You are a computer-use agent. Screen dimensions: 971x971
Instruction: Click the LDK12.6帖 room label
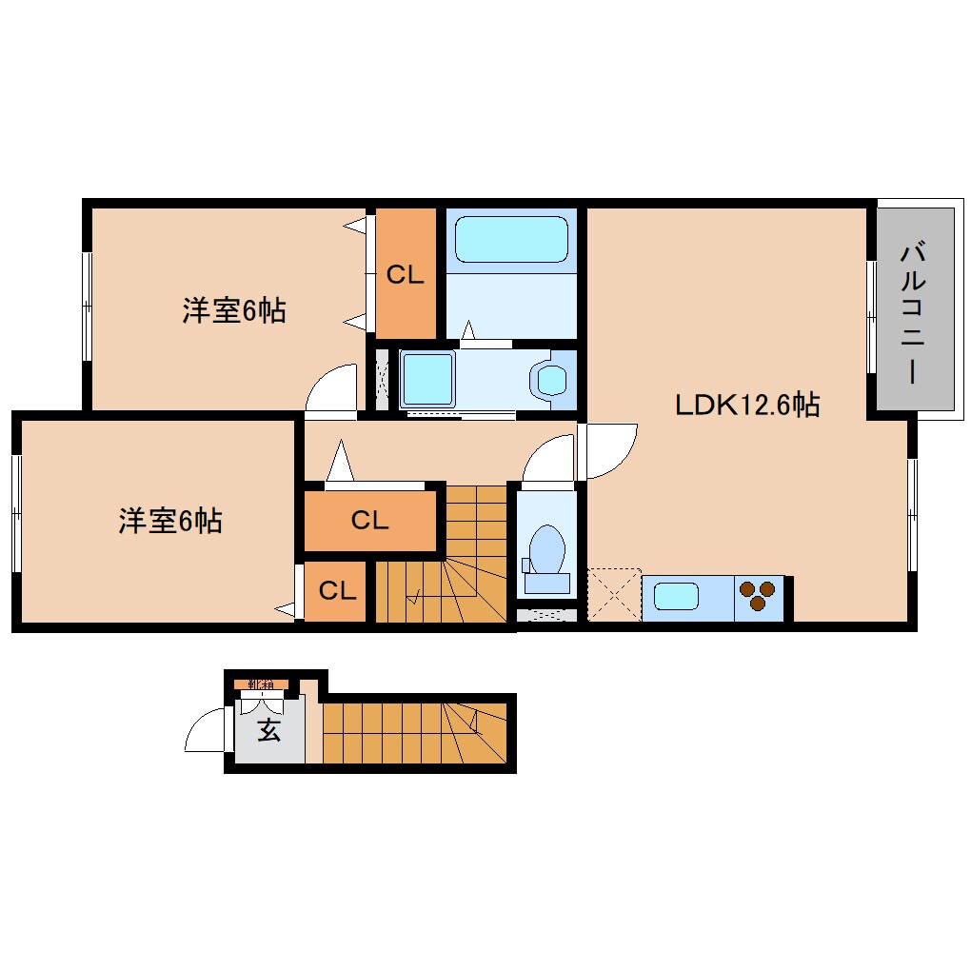(x=747, y=406)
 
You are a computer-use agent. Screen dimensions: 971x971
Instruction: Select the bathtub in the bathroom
(x=511, y=239)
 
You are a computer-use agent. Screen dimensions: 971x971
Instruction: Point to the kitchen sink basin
(x=675, y=598)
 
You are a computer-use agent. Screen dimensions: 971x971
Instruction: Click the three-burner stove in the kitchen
(x=759, y=596)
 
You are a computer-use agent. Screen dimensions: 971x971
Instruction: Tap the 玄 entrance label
(x=269, y=731)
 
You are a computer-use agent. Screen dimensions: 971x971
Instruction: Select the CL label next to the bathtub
(x=405, y=276)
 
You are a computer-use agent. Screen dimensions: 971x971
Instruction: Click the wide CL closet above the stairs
(x=369, y=520)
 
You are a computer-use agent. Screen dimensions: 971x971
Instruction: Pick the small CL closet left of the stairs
(x=337, y=591)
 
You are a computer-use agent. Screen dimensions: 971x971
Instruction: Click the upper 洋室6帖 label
(x=234, y=310)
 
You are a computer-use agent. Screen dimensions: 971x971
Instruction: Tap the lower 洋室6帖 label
(x=170, y=521)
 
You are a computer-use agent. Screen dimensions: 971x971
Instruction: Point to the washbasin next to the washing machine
(x=552, y=379)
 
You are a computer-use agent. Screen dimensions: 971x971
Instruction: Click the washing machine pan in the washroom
(x=427, y=379)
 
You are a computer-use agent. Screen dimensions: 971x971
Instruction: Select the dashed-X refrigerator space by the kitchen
(x=614, y=595)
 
